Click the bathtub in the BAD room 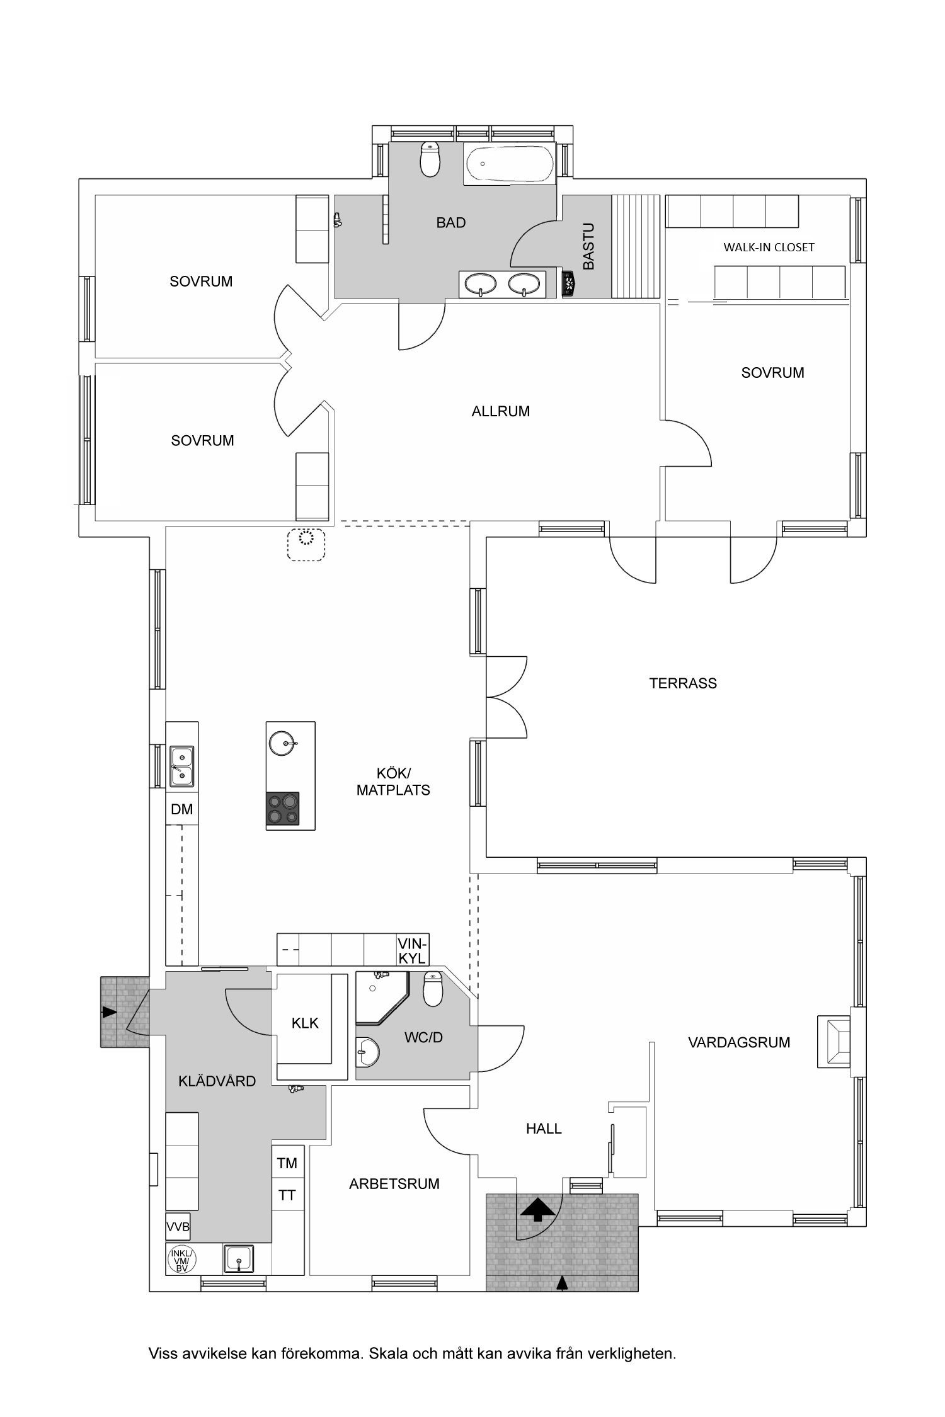[508, 164]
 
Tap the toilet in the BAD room [430, 159]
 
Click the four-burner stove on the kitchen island [282, 809]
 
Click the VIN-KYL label [413, 950]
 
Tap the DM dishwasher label [182, 809]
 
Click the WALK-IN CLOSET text [769, 248]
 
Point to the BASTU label [588, 246]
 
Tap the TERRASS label [683, 683]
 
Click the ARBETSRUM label [394, 1184]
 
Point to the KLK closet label [305, 1023]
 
